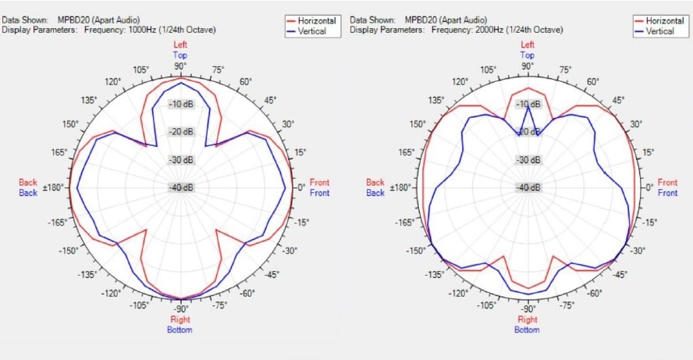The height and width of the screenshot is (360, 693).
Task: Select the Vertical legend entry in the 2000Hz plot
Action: (x=659, y=31)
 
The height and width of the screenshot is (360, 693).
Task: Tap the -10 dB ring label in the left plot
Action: (x=181, y=105)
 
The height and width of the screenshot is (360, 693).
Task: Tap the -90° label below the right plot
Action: (x=528, y=308)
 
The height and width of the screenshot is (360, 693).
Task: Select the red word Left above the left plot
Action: (x=181, y=45)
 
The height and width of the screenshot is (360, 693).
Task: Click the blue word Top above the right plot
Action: (x=528, y=55)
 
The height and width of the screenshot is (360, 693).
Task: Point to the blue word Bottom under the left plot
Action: (x=181, y=330)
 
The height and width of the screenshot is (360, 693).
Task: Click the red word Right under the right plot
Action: (x=528, y=319)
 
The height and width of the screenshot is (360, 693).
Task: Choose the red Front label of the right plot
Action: (x=667, y=183)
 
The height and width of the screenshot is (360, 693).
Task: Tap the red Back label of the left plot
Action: (x=28, y=183)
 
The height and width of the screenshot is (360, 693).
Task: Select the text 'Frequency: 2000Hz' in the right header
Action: (x=496, y=30)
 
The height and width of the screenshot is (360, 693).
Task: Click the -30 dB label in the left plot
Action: (x=181, y=160)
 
